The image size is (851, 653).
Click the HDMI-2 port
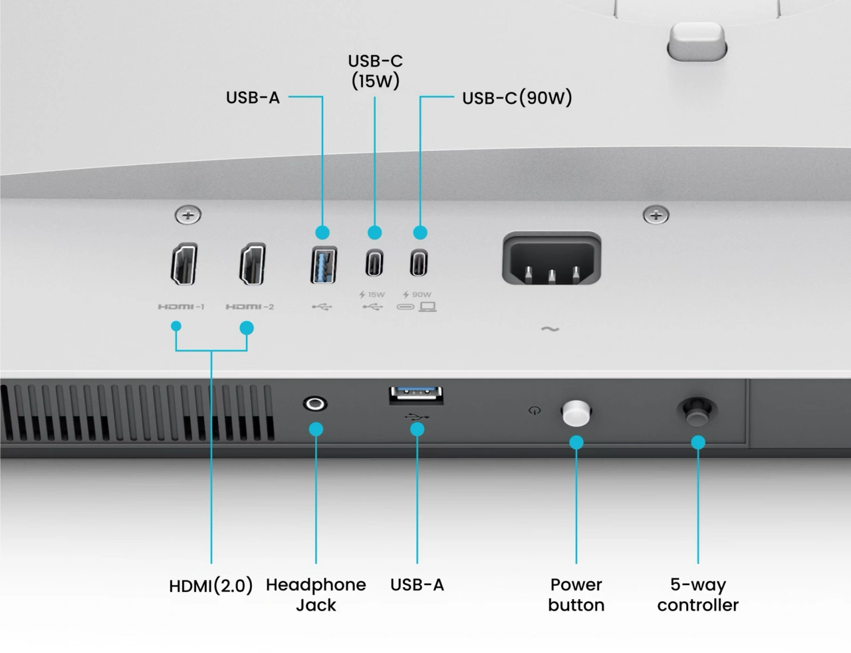tap(253, 264)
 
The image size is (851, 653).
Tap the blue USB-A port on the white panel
tap(323, 265)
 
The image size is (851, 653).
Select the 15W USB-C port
tap(374, 263)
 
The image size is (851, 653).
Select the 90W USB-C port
tap(419, 263)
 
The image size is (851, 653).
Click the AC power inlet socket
tap(551, 259)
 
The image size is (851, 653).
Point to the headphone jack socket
tap(315, 404)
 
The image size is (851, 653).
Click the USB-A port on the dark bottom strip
tap(416, 395)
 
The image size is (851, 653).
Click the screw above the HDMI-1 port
tap(188, 215)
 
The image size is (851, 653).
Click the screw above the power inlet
tap(656, 215)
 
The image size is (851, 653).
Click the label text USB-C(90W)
tap(517, 98)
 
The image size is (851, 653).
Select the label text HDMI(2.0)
tap(211, 586)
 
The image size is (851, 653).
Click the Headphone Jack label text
tap(316, 594)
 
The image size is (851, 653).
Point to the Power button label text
tap(576, 594)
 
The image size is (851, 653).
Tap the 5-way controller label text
tap(697, 594)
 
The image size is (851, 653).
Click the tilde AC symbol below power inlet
tap(550, 329)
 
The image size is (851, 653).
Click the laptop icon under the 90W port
tap(427, 307)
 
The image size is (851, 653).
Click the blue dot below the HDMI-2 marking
tap(247, 328)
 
